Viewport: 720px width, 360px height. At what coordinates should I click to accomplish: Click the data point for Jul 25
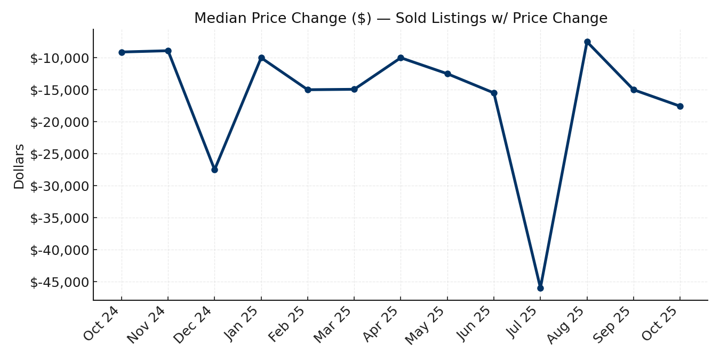click(x=540, y=288)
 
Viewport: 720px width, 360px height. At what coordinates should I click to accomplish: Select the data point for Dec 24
click(x=214, y=170)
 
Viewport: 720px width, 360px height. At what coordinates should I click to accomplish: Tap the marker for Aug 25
click(x=587, y=42)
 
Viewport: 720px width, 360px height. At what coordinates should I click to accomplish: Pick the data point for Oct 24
click(x=122, y=52)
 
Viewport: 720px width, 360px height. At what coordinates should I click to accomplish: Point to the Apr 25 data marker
click(x=401, y=58)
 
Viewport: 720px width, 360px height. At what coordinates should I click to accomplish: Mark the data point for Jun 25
click(x=494, y=93)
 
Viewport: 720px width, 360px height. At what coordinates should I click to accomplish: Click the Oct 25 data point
click(x=680, y=106)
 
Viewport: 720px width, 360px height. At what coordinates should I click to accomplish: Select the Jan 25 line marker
click(x=261, y=58)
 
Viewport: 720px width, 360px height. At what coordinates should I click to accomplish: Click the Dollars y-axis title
click(x=19, y=166)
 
